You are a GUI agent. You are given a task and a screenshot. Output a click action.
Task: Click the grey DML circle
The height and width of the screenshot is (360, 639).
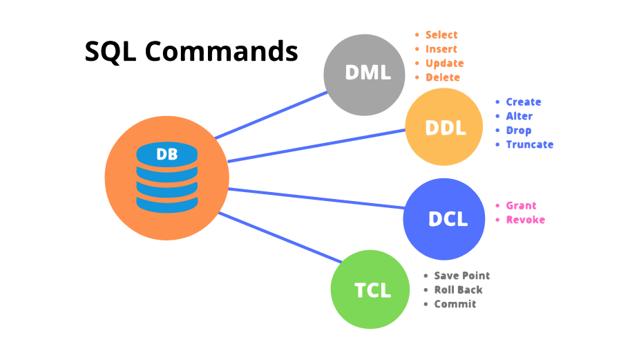(x=367, y=74)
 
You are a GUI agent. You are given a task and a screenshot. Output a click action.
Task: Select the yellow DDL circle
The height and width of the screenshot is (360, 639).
(x=445, y=128)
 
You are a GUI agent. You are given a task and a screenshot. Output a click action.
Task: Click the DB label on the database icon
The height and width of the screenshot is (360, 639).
(x=166, y=155)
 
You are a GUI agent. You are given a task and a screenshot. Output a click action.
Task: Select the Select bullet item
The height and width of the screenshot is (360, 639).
(x=441, y=35)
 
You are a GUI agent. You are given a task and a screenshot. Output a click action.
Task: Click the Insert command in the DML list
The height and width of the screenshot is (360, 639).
(x=441, y=49)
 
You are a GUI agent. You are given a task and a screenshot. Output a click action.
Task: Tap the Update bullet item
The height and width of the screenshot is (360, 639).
(x=444, y=64)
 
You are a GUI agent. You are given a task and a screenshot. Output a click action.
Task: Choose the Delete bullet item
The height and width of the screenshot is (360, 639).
(x=443, y=77)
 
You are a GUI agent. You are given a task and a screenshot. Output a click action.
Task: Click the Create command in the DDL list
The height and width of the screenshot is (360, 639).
(x=523, y=102)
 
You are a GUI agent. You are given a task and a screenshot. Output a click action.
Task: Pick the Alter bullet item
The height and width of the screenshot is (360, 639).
(x=519, y=116)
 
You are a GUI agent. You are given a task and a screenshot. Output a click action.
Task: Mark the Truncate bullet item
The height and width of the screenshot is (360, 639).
(x=529, y=144)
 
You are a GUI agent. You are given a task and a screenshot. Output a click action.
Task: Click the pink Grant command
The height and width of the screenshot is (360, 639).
(x=521, y=206)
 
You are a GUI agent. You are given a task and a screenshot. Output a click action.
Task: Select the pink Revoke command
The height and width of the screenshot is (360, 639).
(x=525, y=220)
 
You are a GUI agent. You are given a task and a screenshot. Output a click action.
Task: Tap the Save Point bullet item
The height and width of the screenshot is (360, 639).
(x=461, y=276)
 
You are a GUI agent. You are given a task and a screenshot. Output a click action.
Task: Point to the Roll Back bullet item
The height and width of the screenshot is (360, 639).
(x=458, y=290)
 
